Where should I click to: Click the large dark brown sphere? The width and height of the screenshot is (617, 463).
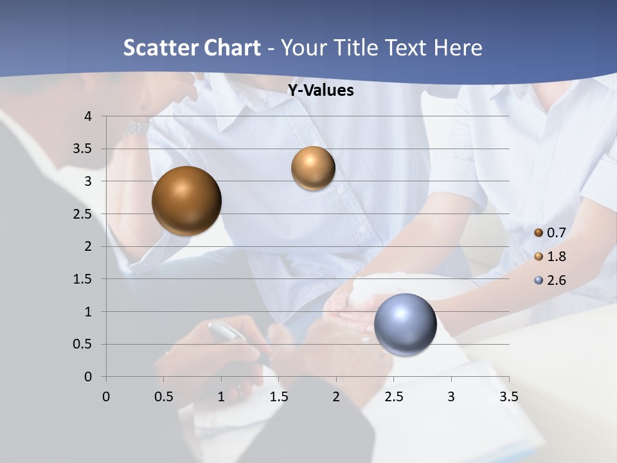tap(186, 201)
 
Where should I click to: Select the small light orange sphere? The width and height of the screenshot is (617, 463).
tap(313, 168)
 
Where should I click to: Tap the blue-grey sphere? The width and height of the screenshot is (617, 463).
tap(405, 324)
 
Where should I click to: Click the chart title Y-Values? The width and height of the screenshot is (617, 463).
tap(320, 91)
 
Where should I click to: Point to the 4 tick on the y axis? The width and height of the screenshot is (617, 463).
tap(88, 116)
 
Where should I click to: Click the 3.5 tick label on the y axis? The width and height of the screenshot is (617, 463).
tap(82, 149)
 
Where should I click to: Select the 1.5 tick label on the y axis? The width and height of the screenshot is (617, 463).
tap(82, 279)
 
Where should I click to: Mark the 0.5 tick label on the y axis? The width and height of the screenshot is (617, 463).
tap(82, 345)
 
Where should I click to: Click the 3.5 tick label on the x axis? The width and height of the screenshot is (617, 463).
tap(508, 397)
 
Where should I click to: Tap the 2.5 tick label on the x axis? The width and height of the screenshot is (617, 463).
tap(393, 397)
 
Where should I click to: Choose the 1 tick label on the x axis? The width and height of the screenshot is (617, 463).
tap(221, 397)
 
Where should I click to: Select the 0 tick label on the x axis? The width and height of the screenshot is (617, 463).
tap(106, 397)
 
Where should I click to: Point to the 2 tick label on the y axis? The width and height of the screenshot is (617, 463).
tap(88, 246)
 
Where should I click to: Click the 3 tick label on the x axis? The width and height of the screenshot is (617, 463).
tap(451, 397)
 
